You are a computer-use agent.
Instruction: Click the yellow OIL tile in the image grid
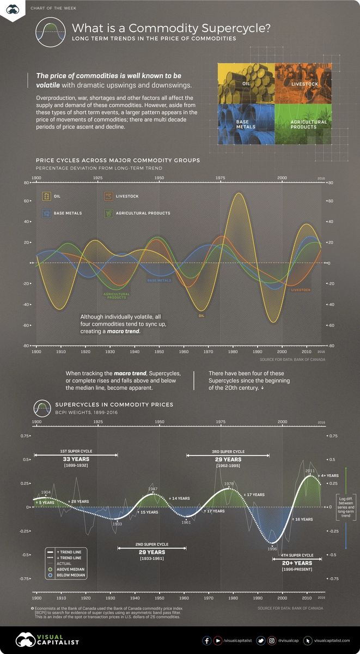[246, 84]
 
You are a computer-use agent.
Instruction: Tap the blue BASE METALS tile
[246, 124]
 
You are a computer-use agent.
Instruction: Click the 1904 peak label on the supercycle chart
[46, 492]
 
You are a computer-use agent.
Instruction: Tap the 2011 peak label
[310, 470]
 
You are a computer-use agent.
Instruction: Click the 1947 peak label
[153, 489]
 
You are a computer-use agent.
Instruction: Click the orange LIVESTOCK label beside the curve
[301, 290]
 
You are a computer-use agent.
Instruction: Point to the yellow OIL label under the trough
[202, 315]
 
